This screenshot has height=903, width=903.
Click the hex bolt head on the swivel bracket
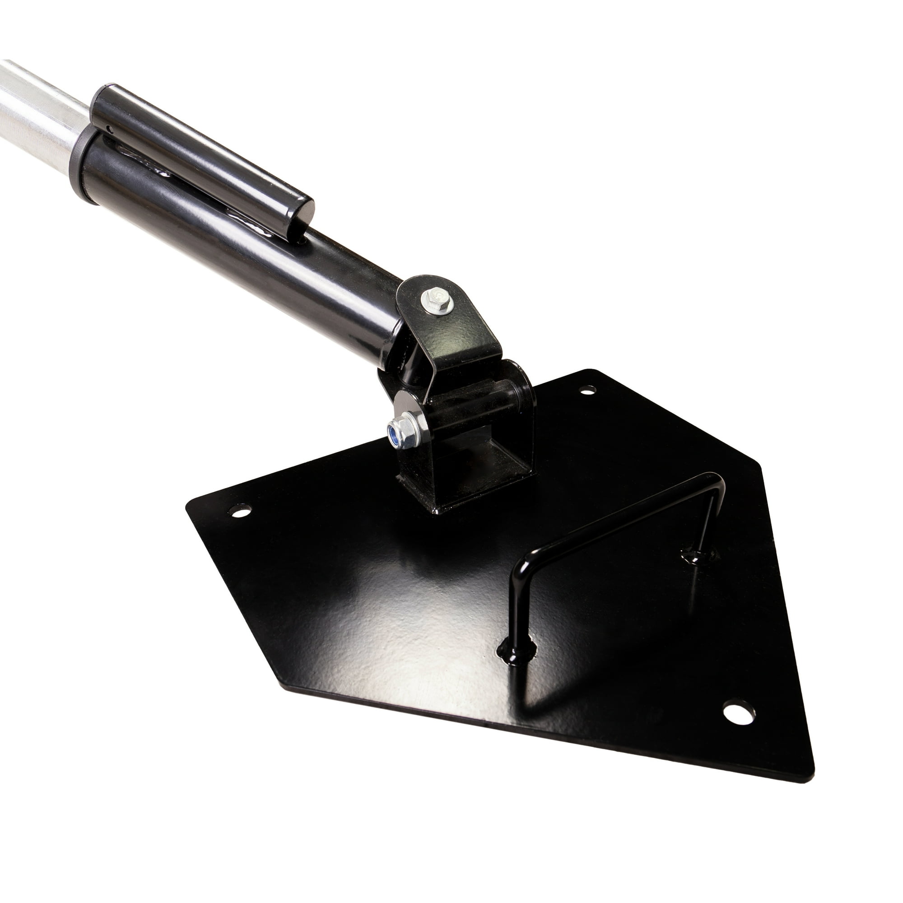point(437,300)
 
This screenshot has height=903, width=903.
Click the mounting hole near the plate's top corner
point(587,389)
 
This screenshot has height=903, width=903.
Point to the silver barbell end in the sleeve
point(37,117)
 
